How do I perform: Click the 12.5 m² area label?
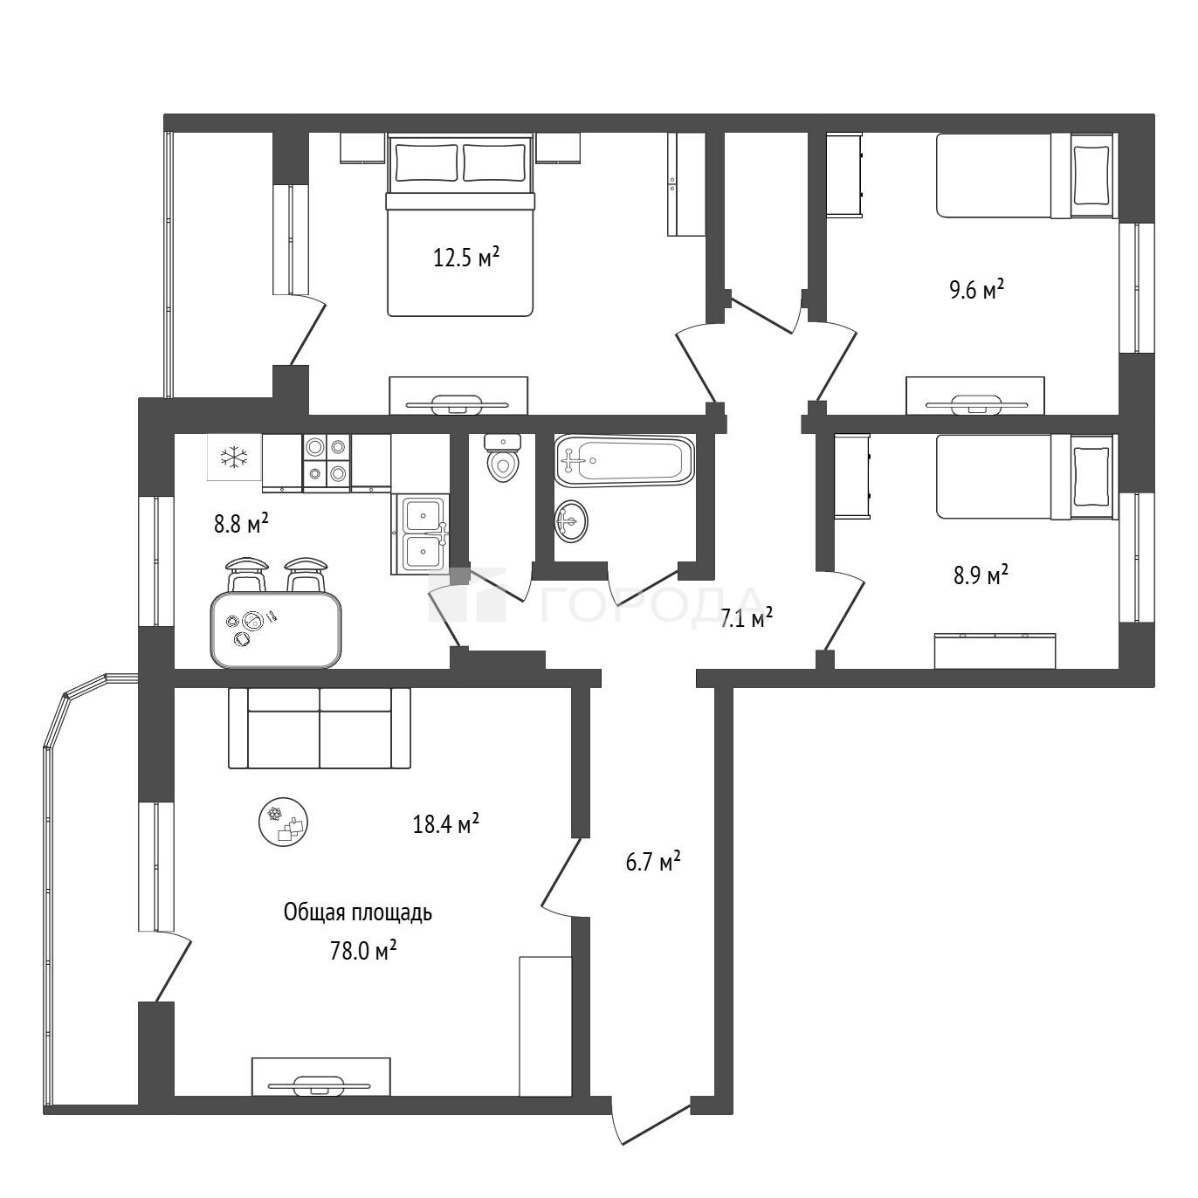pos(466,258)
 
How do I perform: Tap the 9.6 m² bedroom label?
pos(977,290)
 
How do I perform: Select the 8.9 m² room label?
pos(981,575)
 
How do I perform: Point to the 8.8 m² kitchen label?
pos(241,524)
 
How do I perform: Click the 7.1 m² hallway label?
pos(746,618)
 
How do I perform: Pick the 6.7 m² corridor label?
pos(653,862)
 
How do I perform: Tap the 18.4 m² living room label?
pos(445,824)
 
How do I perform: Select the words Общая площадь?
pos(357,912)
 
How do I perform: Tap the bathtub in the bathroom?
pos(623,461)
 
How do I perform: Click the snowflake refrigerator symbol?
pos(234,457)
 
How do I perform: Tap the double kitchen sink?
pos(422,534)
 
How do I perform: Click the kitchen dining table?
pos(276,630)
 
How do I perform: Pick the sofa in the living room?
pos(320,728)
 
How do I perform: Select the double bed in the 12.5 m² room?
pos(460,225)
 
